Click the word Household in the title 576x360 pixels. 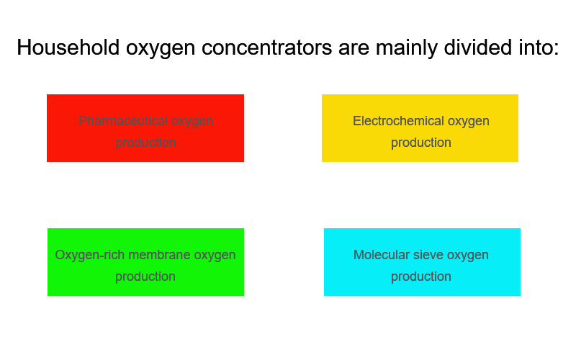click(68, 48)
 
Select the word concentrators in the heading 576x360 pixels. click(266, 48)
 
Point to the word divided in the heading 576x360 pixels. click(478, 48)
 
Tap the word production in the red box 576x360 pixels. click(145, 143)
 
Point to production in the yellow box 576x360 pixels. click(421, 143)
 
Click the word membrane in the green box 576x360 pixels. click(159, 255)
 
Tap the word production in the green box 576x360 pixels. click(145, 276)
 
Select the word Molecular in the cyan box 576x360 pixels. click(380, 255)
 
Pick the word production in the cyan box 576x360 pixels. click(421, 276)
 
